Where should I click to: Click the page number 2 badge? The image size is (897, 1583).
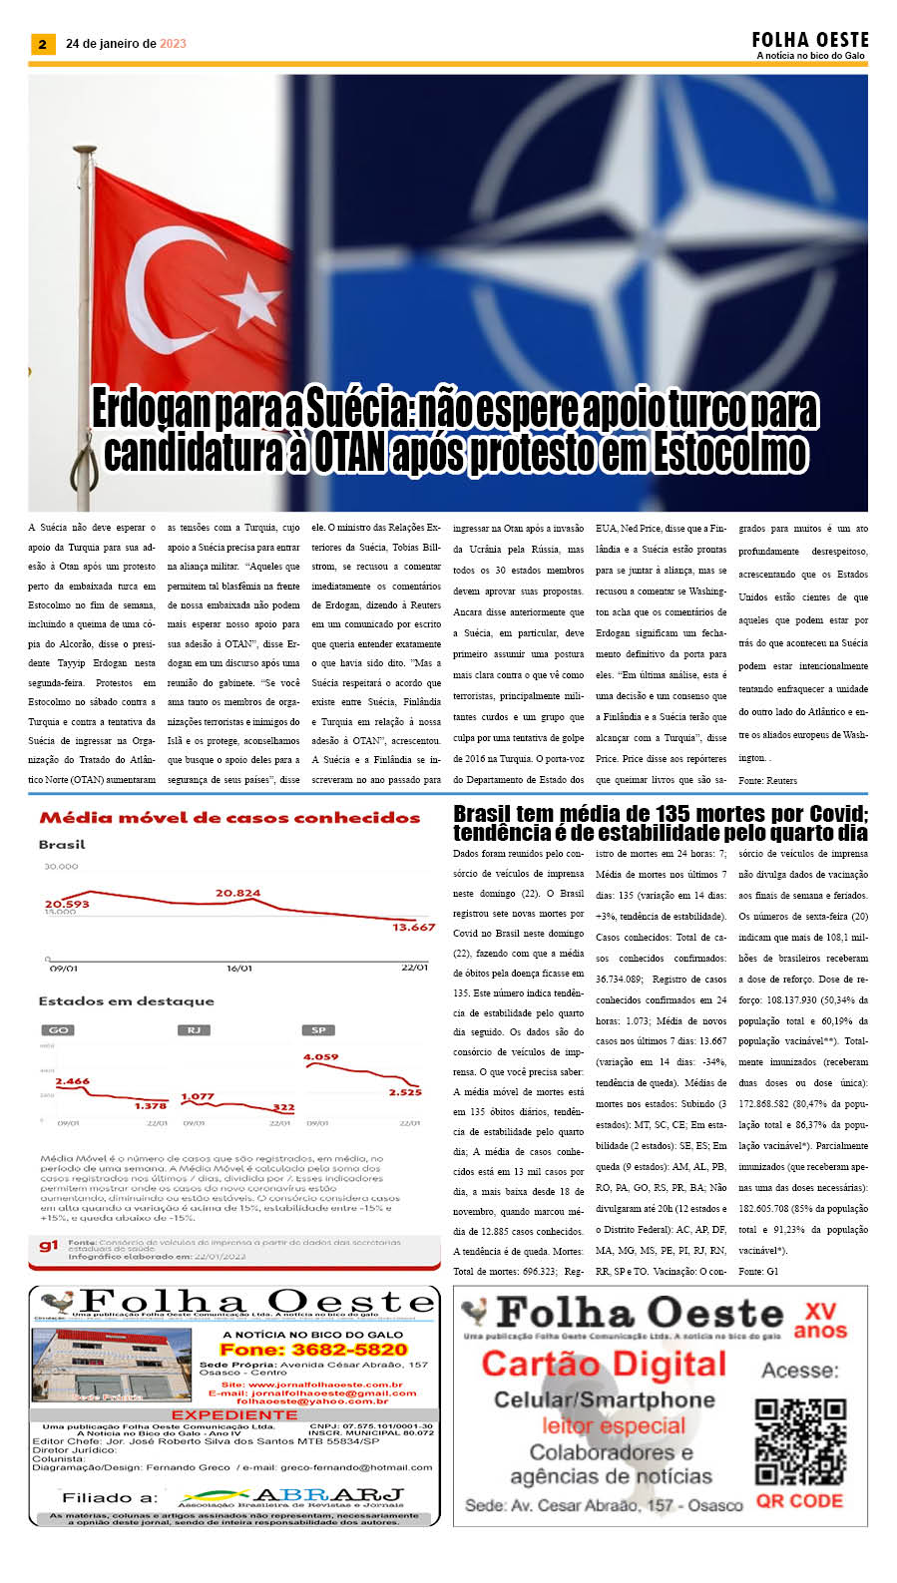(42, 44)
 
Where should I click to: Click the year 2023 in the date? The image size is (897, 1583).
(173, 44)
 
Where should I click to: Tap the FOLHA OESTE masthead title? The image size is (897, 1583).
(810, 40)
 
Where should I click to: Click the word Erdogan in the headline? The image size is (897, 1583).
(151, 409)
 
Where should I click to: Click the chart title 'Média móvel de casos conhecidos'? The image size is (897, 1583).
(229, 818)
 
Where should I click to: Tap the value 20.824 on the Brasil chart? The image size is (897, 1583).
(237, 893)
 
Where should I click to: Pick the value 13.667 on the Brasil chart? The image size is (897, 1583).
(413, 927)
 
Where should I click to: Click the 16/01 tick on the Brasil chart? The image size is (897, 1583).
(239, 968)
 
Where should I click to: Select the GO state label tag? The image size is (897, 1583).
(59, 1029)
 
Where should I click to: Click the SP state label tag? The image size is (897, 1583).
(318, 1029)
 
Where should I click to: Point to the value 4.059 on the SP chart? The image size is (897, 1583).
(320, 1056)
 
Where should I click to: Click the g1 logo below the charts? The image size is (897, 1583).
(49, 1246)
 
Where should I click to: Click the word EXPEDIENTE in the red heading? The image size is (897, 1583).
(234, 1414)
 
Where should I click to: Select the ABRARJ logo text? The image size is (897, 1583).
(329, 1495)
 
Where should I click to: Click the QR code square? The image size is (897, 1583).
(800, 1441)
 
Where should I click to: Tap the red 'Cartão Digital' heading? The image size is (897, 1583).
(604, 1364)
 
